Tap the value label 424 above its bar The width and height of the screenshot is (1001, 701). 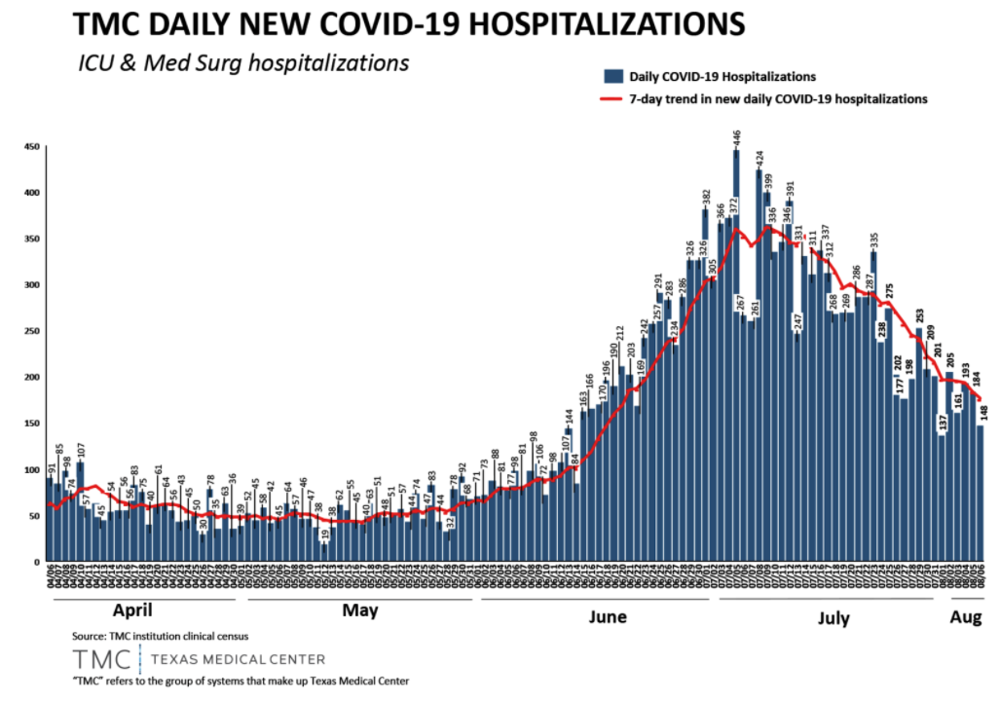coord(760,158)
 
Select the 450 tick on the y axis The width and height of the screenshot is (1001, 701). coord(31,147)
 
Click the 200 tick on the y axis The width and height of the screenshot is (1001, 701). coord(31,377)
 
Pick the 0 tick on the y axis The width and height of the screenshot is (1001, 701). coord(36,562)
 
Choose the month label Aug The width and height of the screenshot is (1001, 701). coord(966,616)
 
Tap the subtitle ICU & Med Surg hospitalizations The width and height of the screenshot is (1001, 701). coord(243,63)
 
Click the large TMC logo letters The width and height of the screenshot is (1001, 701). coord(101,659)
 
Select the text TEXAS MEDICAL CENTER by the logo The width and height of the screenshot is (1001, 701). coord(239,659)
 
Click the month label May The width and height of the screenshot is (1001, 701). coord(360,612)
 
